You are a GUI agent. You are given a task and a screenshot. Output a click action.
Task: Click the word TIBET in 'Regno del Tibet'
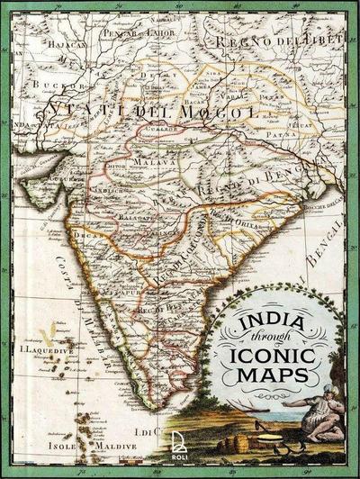pos(321,41)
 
